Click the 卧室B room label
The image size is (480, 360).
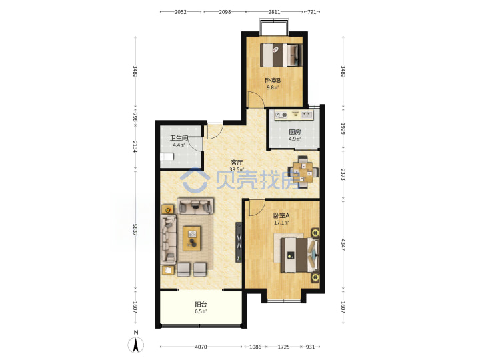click(x=273, y=81)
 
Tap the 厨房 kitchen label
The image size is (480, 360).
click(x=295, y=132)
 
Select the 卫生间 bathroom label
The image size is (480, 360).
click(x=179, y=139)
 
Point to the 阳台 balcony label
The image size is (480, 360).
click(x=201, y=305)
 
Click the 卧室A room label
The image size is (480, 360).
click(x=281, y=216)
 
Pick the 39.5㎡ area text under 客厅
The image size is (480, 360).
click(x=237, y=169)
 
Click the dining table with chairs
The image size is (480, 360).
click(x=303, y=173)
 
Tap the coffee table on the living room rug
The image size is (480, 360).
click(x=192, y=239)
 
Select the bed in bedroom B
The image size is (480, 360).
click(x=281, y=55)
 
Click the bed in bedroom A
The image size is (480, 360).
click(x=300, y=255)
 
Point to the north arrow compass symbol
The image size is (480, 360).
click(x=135, y=345)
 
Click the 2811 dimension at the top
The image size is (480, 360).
click(x=274, y=12)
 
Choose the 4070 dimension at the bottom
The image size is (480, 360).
click(x=201, y=347)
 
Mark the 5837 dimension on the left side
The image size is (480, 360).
click(x=135, y=229)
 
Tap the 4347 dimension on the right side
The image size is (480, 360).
click(x=343, y=245)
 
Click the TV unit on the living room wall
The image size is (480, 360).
click(x=239, y=242)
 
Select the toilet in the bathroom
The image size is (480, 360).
click(x=167, y=157)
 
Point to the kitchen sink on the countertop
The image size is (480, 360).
click(x=307, y=115)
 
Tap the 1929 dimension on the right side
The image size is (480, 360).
click(x=343, y=129)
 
